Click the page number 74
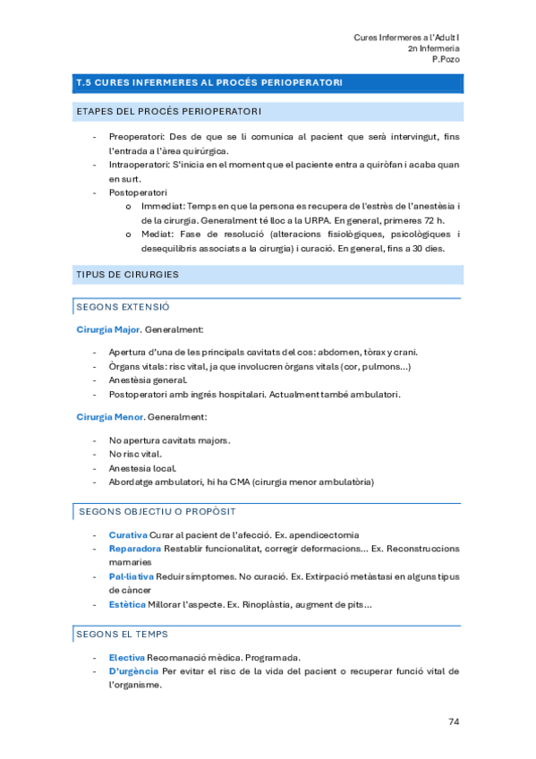coord(453,721)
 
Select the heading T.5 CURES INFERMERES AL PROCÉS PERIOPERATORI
coord(209,82)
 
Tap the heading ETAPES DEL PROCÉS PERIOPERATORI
coord(170,112)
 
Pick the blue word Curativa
coord(128,534)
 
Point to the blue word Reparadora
coord(134,548)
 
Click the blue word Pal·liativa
coord(132,576)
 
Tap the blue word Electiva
coord(127,657)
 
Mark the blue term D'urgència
coord(132,670)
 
